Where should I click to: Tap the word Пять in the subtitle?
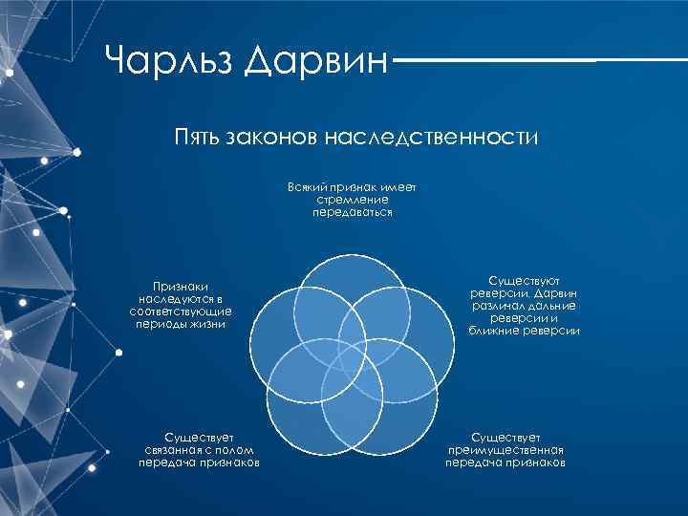(198, 140)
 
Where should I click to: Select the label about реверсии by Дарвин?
(524, 306)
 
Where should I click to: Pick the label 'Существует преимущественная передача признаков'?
(505, 449)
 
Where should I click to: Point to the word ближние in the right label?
(496, 331)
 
